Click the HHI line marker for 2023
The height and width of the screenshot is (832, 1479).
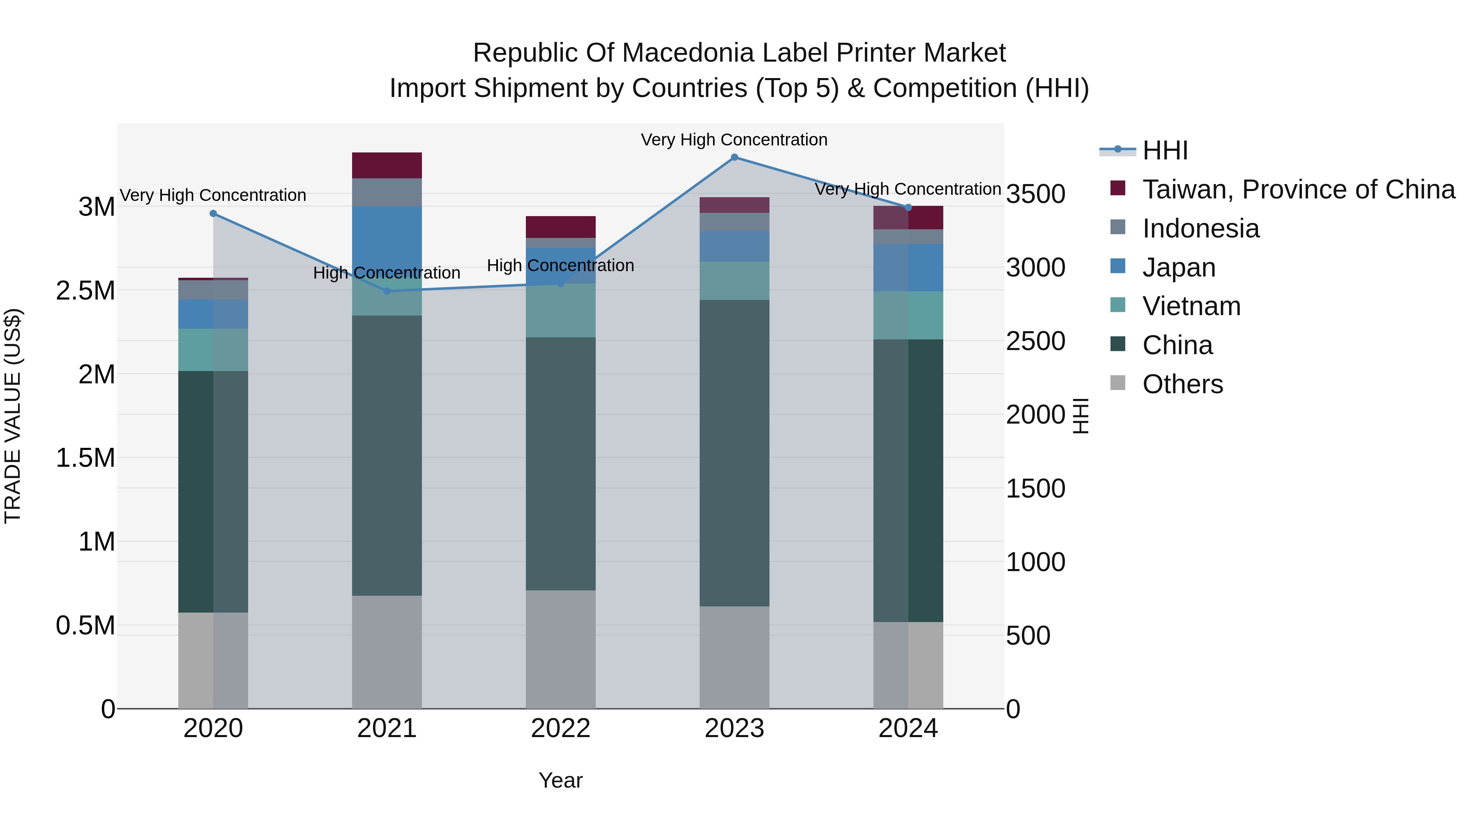pyautogui.click(x=734, y=157)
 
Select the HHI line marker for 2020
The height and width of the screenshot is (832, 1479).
pyautogui.click(x=213, y=214)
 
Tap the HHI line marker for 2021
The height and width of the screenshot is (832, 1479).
pyautogui.click(x=387, y=291)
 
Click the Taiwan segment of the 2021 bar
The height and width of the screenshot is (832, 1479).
pyautogui.click(x=387, y=165)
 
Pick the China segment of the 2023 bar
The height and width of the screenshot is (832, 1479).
pyautogui.click(x=734, y=453)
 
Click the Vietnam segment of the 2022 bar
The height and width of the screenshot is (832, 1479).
pyautogui.click(x=560, y=310)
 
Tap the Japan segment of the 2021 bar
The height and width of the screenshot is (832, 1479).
pyautogui.click(x=387, y=235)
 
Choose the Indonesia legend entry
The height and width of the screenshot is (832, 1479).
pyautogui.click(x=1200, y=228)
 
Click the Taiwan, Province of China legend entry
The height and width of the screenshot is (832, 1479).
pyautogui.click(x=1299, y=189)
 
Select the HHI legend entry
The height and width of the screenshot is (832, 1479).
pyautogui.click(x=1165, y=150)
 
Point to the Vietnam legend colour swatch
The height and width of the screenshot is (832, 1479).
pyautogui.click(x=1118, y=305)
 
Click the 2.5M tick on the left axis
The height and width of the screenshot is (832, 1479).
pyautogui.click(x=85, y=290)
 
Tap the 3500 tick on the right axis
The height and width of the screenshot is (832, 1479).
pyautogui.click(x=1036, y=194)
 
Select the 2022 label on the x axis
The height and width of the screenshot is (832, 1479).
pyautogui.click(x=560, y=728)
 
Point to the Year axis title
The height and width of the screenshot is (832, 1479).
pyautogui.click(x=560, y=780)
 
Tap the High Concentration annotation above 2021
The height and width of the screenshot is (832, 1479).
pyautogui.click(x=387, y=273)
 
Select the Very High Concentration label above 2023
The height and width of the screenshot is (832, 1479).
pyautogui.click(x=734, y=140)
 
